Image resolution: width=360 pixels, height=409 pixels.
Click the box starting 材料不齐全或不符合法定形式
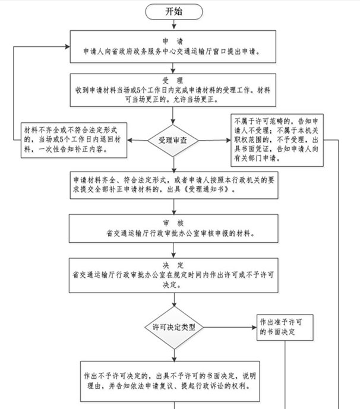tap(74, 140)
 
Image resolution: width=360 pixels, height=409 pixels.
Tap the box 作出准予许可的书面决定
tap(286, 326)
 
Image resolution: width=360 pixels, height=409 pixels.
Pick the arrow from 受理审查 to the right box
tap(217, 140)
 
